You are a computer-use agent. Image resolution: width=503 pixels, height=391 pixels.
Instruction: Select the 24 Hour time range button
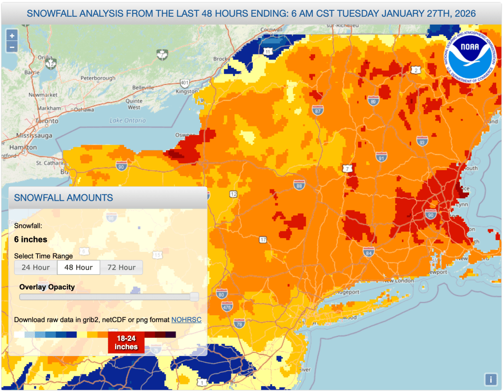pos(35,268)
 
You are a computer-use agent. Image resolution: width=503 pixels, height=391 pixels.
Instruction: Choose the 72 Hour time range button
pos(121,268)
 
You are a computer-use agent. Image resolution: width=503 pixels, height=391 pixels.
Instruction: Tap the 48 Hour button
pos(79,268)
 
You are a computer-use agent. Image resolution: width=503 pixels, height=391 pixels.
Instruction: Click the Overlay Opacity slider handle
pos(194,297)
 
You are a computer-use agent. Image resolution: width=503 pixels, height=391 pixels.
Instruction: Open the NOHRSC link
pos(186,320)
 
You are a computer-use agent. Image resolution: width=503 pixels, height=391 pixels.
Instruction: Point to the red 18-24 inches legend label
pos(126,343)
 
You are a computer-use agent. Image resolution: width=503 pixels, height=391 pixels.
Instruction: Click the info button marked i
pos(490,379)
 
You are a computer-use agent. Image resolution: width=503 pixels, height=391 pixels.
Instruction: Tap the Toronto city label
pos(47,120)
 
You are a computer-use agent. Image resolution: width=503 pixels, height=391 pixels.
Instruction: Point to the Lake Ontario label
pos(128,120)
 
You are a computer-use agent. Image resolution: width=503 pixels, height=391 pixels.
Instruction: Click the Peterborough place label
pos(98,78)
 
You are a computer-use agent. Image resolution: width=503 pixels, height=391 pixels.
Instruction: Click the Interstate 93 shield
pos(422,142)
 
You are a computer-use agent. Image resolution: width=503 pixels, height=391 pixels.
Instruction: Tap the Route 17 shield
pos(263,240)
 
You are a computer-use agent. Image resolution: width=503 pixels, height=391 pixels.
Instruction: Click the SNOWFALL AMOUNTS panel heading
pos(63,198)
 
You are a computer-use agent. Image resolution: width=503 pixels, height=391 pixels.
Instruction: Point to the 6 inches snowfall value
pos(31,240)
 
